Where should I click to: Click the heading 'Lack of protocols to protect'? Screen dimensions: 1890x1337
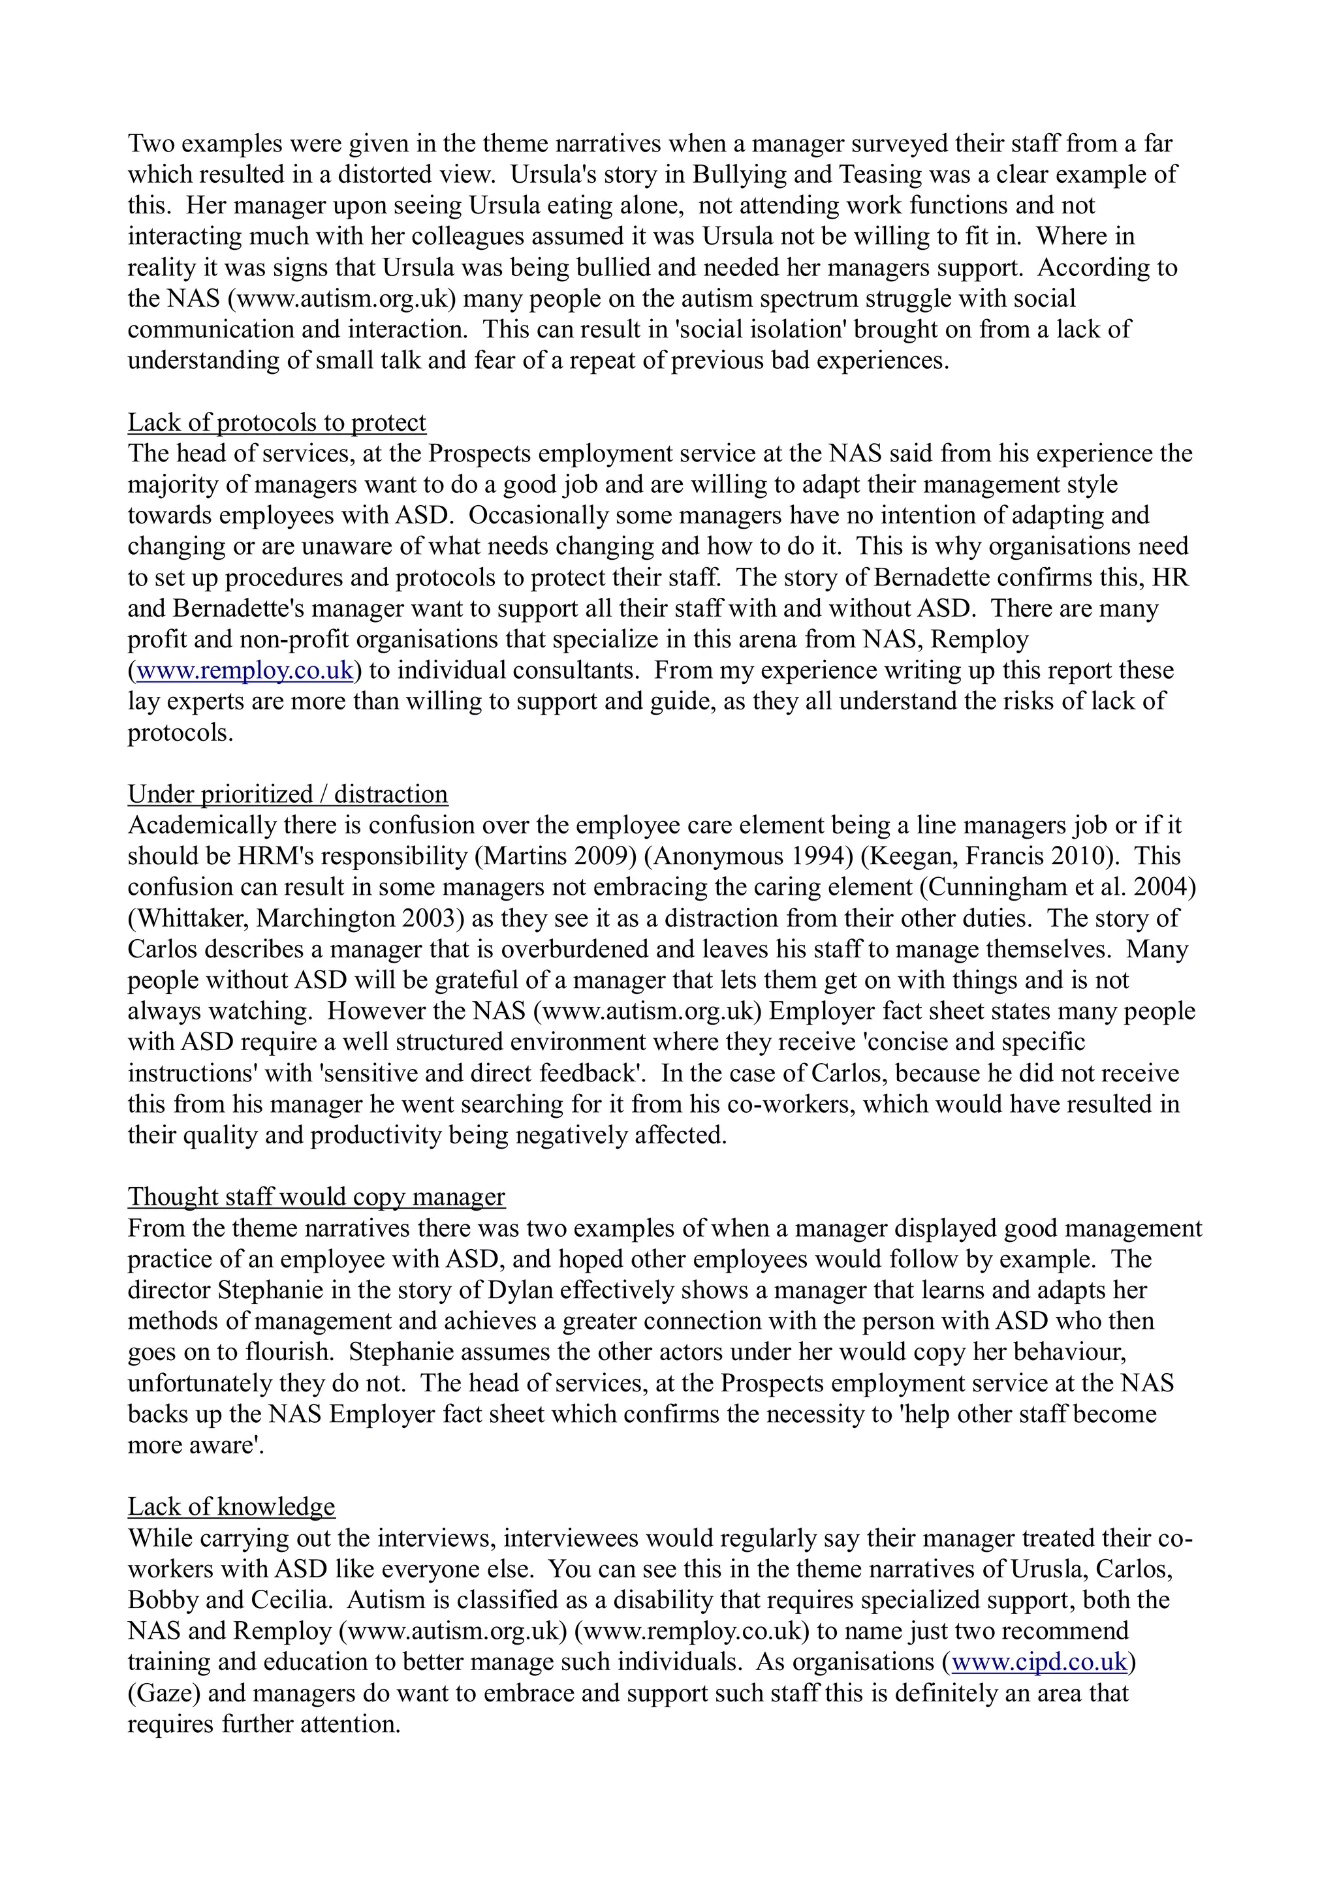(x=277, y=422)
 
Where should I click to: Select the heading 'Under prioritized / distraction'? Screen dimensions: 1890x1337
(x=287, y=794)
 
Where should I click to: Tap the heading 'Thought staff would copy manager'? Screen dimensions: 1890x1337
(x=316, y=1197)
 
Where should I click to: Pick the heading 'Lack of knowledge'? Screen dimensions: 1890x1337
(x=231, y=1506)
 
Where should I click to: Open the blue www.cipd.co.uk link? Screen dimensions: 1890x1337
(x=1039, y=1662)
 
